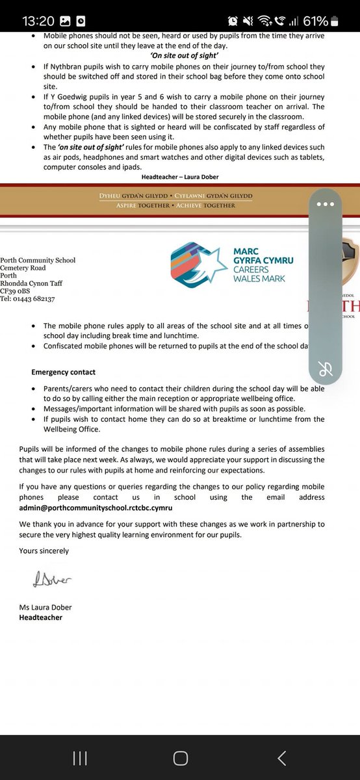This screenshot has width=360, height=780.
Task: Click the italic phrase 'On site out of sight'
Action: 180,57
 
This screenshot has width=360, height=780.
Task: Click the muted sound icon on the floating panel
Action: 326,370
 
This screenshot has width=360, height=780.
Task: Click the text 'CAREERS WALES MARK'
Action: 263,274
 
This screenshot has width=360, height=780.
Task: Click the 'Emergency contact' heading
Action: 63,372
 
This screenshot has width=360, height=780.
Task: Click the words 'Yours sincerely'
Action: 44,551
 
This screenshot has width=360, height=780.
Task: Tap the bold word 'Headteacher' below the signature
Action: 40,617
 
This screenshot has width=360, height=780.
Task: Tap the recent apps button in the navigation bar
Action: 80,757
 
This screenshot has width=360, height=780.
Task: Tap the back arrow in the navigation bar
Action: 281,757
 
